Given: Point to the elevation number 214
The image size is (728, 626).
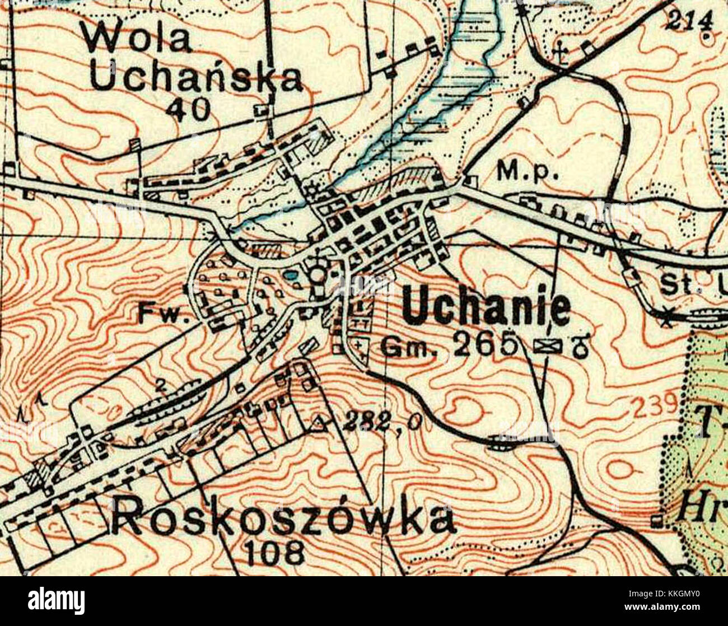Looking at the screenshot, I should (x=691, y=21).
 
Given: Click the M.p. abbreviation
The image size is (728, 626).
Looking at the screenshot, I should (x=528, y=174).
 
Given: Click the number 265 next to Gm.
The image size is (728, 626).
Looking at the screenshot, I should (x=484, y=345).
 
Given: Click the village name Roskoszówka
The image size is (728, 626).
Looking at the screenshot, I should (x=283, y=518).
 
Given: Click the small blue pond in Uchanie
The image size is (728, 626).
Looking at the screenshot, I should (x=290, y=275).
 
